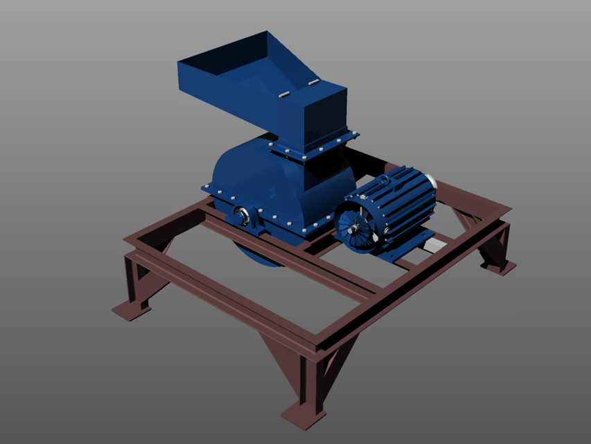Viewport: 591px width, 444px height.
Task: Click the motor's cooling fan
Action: click(355, 225)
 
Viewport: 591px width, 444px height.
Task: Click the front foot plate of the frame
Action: click(303, 416)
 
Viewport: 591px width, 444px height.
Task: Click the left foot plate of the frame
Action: click(131, 310)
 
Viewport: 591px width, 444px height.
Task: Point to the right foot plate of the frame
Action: click(500, 267)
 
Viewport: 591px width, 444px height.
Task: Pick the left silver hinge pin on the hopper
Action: click(284, 95)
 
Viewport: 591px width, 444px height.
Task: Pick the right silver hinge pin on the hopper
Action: click(313, 83)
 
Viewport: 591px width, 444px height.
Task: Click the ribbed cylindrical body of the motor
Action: click(402, 201)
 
